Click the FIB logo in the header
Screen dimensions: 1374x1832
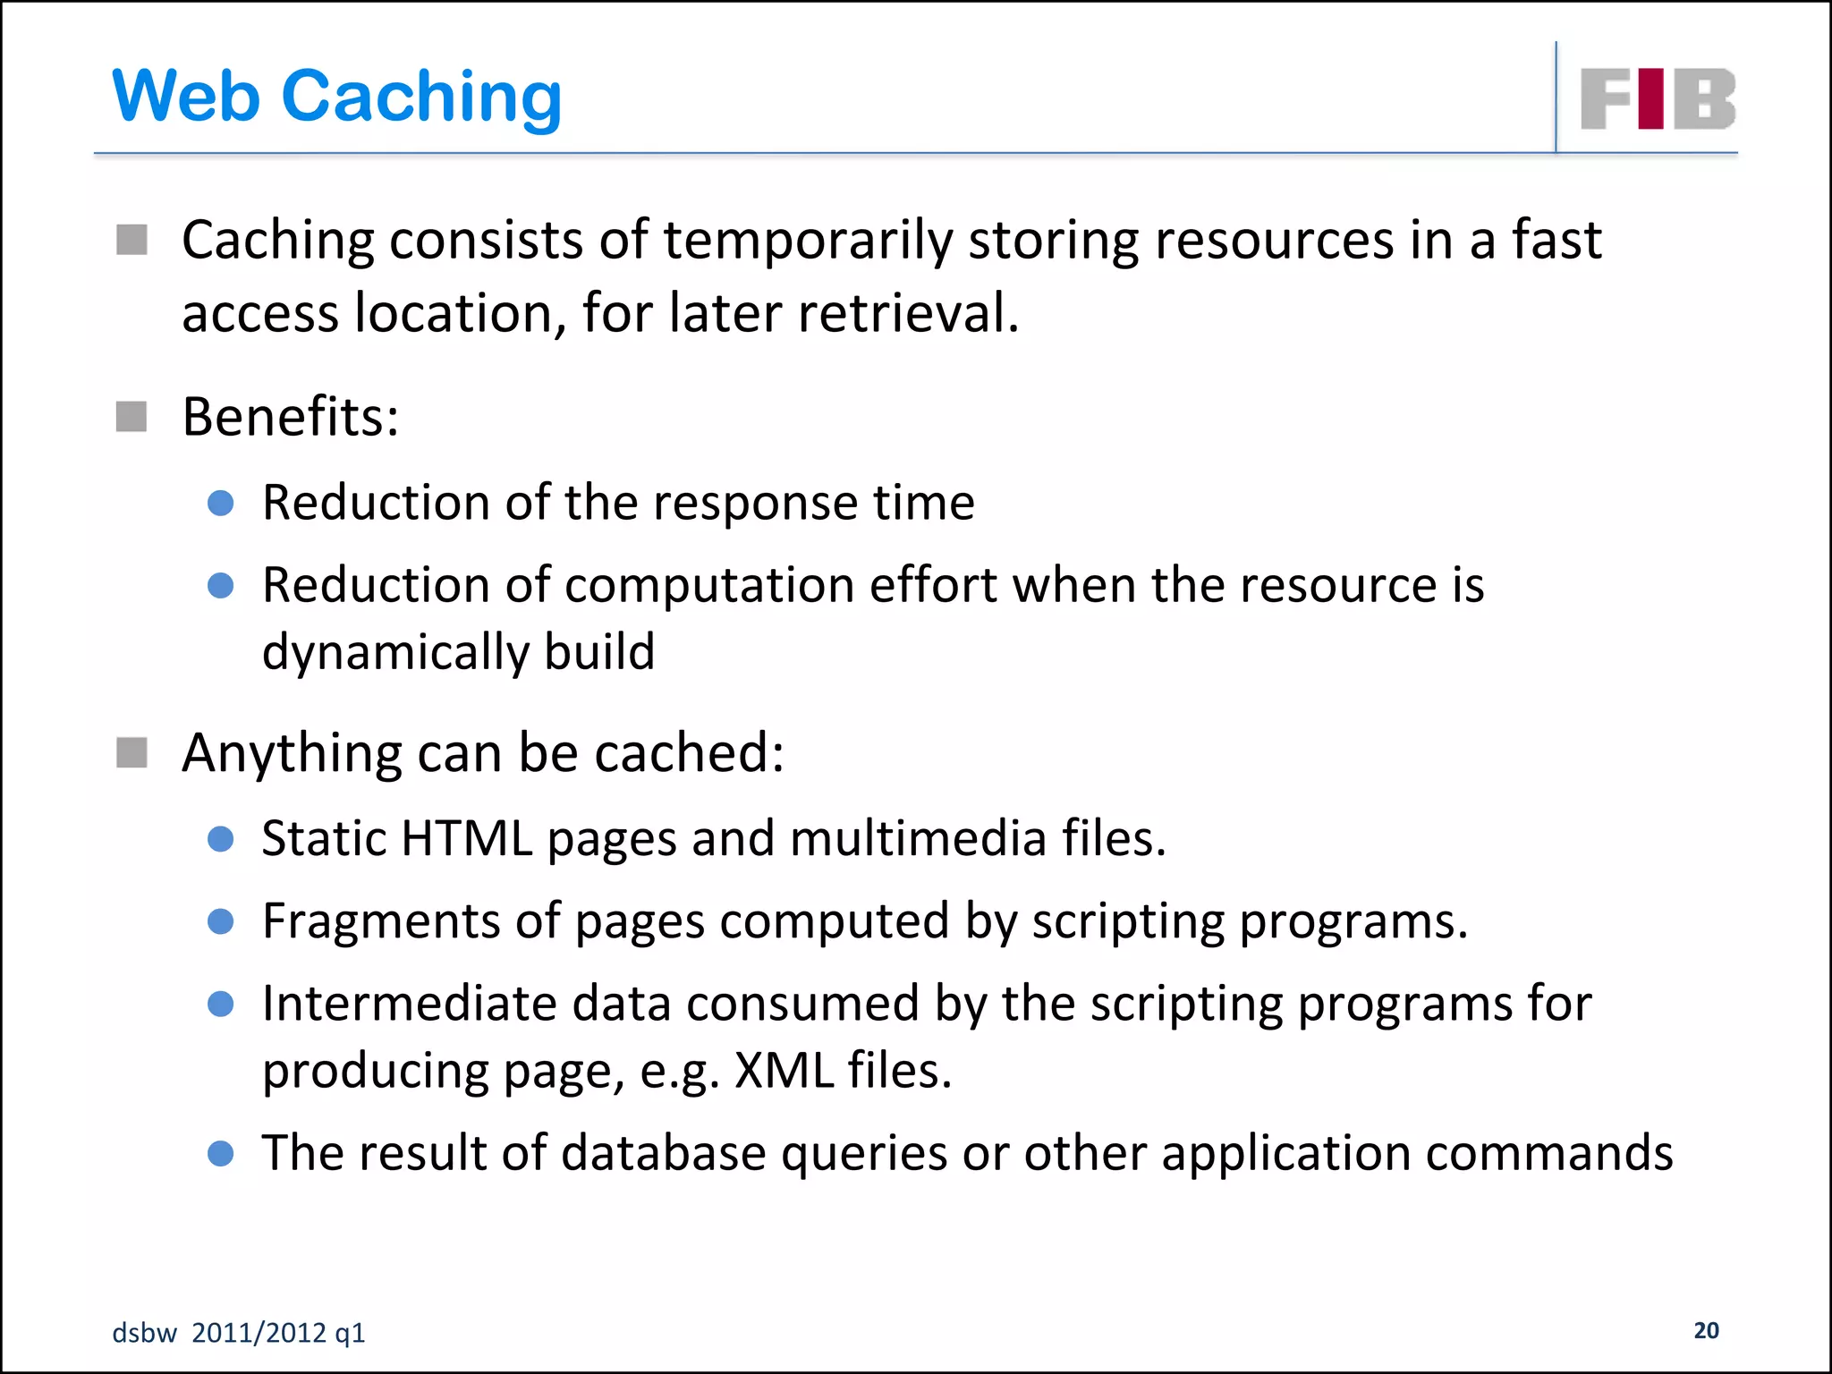point(1658,98)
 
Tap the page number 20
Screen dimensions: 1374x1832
point(1706,1330)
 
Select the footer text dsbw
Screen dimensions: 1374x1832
point(144,1333)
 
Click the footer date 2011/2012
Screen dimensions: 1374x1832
point(259,1333)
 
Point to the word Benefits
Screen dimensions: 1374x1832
point(290,417)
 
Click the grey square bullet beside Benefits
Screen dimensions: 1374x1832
point(131,417)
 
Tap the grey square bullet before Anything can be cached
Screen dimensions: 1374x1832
point(131,752)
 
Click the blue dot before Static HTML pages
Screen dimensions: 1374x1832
point(220,839)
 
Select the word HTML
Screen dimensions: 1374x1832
point(467,839)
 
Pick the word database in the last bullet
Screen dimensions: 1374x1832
point(663,1152)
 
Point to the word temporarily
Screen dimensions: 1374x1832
point(808,241)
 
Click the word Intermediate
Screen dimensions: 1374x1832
point(410,1004)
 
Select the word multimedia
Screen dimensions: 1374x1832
point(918,839)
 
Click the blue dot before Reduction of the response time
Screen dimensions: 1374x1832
point(220,503)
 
